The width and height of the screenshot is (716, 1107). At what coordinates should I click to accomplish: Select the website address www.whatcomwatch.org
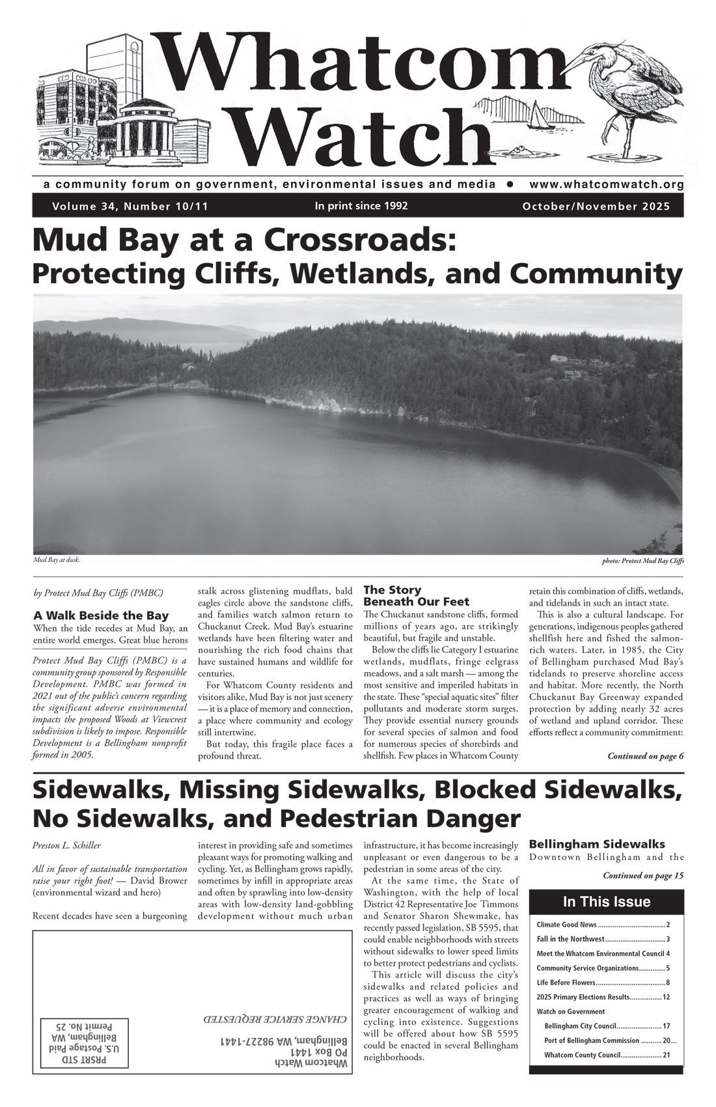coord(606,184)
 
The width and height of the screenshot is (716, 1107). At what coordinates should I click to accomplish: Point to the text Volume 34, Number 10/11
coord(130,206)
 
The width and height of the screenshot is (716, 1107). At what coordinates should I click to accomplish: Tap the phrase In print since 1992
coord(361,206)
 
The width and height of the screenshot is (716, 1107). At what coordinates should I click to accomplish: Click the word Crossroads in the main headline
coord(358,241)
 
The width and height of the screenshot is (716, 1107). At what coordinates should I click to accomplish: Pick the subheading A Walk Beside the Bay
coord(101,615)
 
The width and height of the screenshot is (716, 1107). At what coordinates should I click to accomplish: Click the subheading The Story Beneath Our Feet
coord(416,596)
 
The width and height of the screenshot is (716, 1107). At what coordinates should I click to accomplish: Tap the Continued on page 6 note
coord(645,756)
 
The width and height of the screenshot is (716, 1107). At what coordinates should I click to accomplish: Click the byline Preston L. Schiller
coord(66,845)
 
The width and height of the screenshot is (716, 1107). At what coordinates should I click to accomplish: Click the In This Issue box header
coord(606,902)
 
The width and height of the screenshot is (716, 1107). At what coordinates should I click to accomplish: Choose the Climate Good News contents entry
coord(566,925)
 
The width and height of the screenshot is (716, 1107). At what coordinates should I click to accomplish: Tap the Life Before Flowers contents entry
coord(566,982)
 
